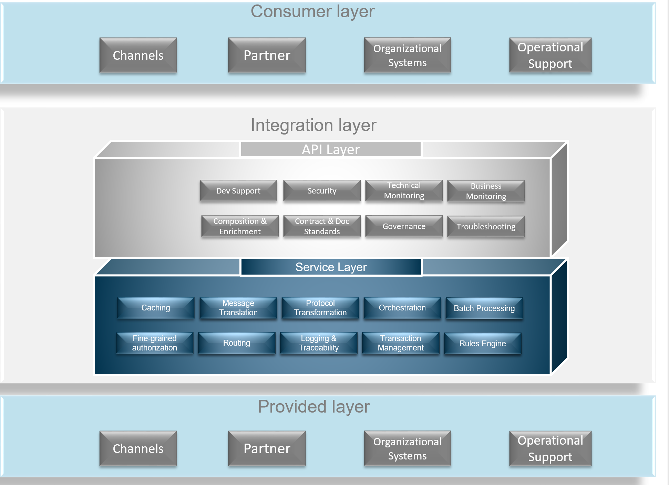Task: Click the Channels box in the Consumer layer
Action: pyautogui.click(x=138, y=55)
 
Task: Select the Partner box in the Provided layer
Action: pyautogui.click(x=267, y=448)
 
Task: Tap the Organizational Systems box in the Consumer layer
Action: pyautogui.click(x=407, y=55)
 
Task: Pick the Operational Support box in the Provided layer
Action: pyautogui.click(x=550, y=448)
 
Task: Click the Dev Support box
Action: pyautogui.click(x=238, y=191)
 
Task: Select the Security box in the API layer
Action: pyautogui.click(x=322, y=191)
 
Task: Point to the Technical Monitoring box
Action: pyautogui.click(x=404, y=191)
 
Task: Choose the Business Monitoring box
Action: pyautogui.click(x=486, y=191)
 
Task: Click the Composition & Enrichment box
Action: pyautogui.click(x=240, y=226)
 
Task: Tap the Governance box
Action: pyautogui.click(x=404, y=226)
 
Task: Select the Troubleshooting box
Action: pyautogui.click(x=486, y=227)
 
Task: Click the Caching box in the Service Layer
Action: pyautogui.click(x=156, y=308)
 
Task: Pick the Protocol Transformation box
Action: pyautogui.click(x=320, y=308)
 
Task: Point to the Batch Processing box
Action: pyautogui.click(x=484, y=308)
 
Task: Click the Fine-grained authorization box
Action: pyautogui.click(x=155, y=343)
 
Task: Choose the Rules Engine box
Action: pyautogui.click(x=482, y=344)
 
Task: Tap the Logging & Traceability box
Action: pyautogui.click(x=319, y=343)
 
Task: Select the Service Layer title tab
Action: pyautogui.click(x=331, y=267)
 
